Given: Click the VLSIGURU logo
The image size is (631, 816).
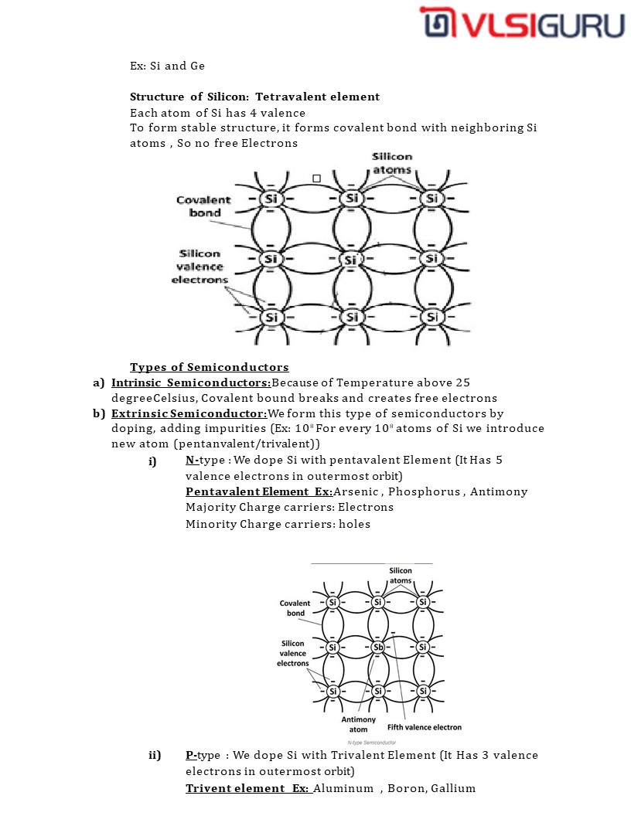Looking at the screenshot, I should point(522,22).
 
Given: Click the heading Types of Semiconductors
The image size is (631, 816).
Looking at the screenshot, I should point(209,367).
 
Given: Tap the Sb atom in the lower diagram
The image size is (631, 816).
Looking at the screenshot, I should point(378,647).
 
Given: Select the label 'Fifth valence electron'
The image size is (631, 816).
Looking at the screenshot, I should point(425,727).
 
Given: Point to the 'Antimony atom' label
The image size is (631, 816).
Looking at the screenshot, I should point(359,724).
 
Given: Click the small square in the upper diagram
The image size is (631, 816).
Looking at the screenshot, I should point(316,178).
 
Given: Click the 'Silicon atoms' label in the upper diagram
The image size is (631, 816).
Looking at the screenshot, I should point(392,163).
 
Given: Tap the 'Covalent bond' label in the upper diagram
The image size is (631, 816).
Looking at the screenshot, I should point(203,206).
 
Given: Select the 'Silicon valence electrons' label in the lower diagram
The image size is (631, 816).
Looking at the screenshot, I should point(293,653).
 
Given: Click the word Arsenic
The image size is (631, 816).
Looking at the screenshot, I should point(356,491).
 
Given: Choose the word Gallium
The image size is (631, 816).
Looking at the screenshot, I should point(453,788).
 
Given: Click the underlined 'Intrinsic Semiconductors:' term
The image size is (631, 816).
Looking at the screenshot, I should point(191,382).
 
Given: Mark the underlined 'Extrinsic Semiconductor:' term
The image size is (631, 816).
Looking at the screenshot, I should point(189,413).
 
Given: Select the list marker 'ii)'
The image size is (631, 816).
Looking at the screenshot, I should point(155,755).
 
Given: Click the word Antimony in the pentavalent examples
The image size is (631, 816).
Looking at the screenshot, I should point(499,491).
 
